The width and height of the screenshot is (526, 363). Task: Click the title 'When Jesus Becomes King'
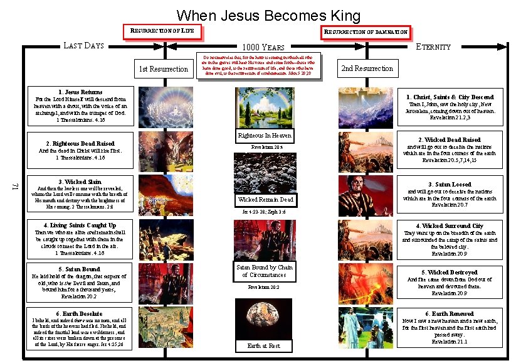[x=268, y=15]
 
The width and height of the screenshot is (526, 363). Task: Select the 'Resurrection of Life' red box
[x=163, y=30]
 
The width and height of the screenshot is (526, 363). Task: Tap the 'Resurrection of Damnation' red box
[x=365, y=31]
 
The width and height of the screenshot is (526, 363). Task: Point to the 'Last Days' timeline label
[x=83, y=45]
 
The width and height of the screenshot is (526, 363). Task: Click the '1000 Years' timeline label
[x=263, y=47]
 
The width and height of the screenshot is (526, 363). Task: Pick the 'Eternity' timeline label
[x=433, y=46]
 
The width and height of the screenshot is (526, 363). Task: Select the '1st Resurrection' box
[x=163, y=68]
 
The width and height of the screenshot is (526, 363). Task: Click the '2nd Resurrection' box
[x=367, y=68]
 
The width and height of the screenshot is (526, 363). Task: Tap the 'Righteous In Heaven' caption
[x=264, y=136]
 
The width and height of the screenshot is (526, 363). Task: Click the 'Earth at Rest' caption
[x=263, y=346]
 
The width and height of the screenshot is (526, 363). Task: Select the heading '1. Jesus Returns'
[x=80, y=92]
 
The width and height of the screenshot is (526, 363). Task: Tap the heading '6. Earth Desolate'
[x=80, y=313]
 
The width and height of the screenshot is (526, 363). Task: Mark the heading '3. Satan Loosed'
[x=449, y=185]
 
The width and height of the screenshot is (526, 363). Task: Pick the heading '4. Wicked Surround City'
[x=449, y=226]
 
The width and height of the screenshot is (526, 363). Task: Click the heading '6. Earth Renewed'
[x=449, y=313]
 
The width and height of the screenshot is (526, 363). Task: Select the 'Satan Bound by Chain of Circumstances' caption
[x=264, y=271]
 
